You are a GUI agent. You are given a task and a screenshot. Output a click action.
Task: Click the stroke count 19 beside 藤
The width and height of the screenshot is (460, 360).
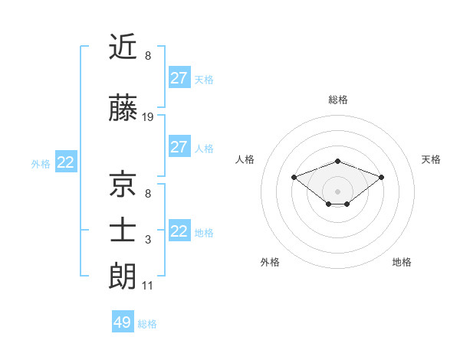(x=148, y=117)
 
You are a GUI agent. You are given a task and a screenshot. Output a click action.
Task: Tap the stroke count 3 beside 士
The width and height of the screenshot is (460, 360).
(x=148, y=240)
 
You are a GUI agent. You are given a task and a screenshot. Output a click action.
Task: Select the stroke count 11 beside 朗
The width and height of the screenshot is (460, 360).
(x=148, y=286)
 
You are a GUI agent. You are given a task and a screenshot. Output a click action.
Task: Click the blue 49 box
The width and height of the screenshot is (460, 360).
(x=123, y=322)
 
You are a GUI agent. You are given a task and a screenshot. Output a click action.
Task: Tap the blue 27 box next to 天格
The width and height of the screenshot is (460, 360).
(x=179, y=78)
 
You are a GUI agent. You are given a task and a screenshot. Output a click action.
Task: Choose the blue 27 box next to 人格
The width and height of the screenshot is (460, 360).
(x=179, y=147)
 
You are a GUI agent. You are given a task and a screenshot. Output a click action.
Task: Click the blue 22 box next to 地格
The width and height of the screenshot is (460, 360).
(x=179, y=231)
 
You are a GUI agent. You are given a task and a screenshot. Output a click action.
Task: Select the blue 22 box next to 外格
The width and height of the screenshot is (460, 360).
(x=66, y=162)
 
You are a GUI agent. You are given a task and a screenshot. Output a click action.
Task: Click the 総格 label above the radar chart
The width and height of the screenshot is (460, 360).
(x=338, y=100)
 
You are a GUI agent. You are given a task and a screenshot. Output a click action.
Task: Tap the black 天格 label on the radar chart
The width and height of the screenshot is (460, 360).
(x=432, y=159)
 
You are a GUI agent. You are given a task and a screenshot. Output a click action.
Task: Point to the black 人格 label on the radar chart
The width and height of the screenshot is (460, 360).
(x=245, y=159)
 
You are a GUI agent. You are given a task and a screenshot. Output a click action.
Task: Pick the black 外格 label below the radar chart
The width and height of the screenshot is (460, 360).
(x=270, y=262)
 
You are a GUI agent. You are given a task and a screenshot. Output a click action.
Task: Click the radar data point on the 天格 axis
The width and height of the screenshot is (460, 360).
(x=382, y=177)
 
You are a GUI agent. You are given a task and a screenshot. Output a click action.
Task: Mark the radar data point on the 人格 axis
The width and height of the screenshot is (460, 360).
(x=294, y=177)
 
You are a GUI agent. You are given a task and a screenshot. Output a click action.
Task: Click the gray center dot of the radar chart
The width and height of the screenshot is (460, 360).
(x=337, y=191)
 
